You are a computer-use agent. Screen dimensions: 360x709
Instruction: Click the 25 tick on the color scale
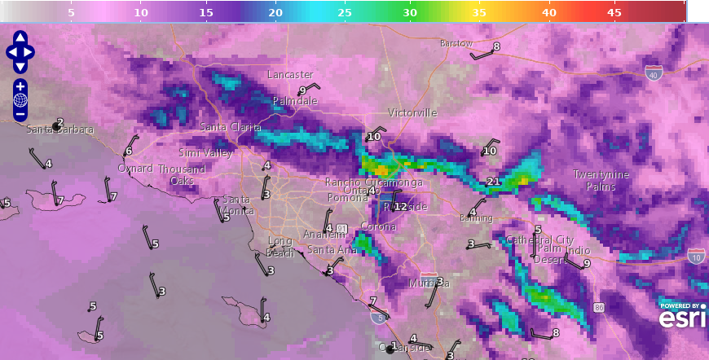pos(344,13)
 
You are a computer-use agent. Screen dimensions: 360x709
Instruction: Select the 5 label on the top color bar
pos(71,13)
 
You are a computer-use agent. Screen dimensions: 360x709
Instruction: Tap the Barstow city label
pos(456,43)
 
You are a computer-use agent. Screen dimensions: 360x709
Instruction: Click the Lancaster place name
pos(290,75)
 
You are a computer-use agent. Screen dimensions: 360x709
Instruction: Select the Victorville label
pos(412,112)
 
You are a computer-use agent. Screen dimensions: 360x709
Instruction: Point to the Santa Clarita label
pos(231,128)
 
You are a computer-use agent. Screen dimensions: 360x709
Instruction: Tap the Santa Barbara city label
pos(60,130)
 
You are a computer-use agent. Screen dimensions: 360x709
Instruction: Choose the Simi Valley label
pos(206,153)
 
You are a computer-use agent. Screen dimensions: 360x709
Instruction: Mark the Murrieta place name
pos(429,283)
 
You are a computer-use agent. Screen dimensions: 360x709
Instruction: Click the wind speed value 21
pos(492,181)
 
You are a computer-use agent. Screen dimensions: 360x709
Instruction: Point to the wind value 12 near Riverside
pos(400,207)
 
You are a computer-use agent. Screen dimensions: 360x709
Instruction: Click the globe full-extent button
pos(20,100)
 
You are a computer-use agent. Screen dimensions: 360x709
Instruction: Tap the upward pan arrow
pos(20,37)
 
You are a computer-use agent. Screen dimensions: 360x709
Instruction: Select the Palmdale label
pos(295,101)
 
